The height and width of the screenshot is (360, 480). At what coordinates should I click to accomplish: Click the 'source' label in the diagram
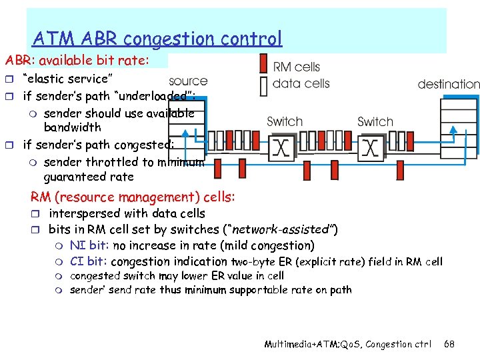click(188, 81)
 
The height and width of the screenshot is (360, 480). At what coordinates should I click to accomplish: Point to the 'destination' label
click(448, 85)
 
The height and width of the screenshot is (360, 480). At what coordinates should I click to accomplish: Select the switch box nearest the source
click(283, 147)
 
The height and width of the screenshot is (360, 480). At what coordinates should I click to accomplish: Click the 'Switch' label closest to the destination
click(375, 122)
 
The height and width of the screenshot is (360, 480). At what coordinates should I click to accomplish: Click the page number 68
click(449, 344)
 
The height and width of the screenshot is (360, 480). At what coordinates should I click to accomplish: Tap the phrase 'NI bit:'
click(90, 246)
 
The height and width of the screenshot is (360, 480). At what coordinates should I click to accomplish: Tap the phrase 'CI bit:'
click(90, 261)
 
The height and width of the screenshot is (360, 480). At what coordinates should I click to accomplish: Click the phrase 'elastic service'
click(58, 77)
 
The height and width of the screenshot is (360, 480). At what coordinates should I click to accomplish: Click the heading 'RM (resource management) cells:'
click(132, 197)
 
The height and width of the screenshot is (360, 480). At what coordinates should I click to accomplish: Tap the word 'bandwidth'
click(72, 127)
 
